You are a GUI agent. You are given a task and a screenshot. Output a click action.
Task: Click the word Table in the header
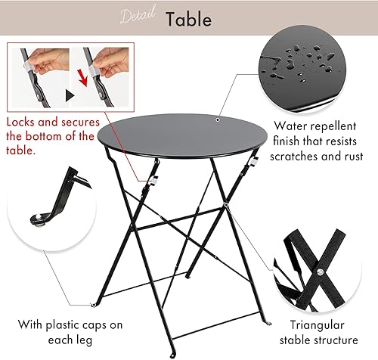coord(190,18)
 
